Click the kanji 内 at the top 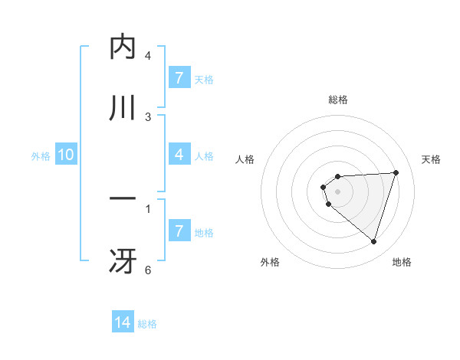pyautogui.click(x=123, y=47)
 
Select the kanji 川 pyautogui.click(x=123, y=107)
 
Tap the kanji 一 pyautogui.click(x=123, y=199)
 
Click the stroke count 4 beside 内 pyautogui.click(x=148, y=56)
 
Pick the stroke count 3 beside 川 pyautogui.click(x=148, y=116)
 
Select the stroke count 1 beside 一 pyautogui.click(x=148, y=208)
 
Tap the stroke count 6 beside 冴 pyautogui.click(x=148, y=270)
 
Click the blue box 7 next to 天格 pyautogui.click(x=179, y=77)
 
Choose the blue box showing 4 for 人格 pyautogui.click(x=179, y=155)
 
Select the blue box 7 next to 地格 pyautogui.click(x=179, y=231)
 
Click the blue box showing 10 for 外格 pyautogui.click(x=66, y=155)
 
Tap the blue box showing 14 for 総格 pyautogui.click(x=123, y=322)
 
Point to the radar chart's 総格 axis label pyautogui.click(x=338, y=100)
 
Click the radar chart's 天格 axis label pyautogui.click(x=432, y=159)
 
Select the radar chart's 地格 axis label pyautogui.click(x=402, y=262)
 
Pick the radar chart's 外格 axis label pyautogui.click(x=270, y=262)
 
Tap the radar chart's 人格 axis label pyautogui.click(x=245, y=159)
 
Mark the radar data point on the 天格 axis pyautogui.click(x=396, y=172)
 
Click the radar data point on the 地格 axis pyautogui.click(x=373, y=241)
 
